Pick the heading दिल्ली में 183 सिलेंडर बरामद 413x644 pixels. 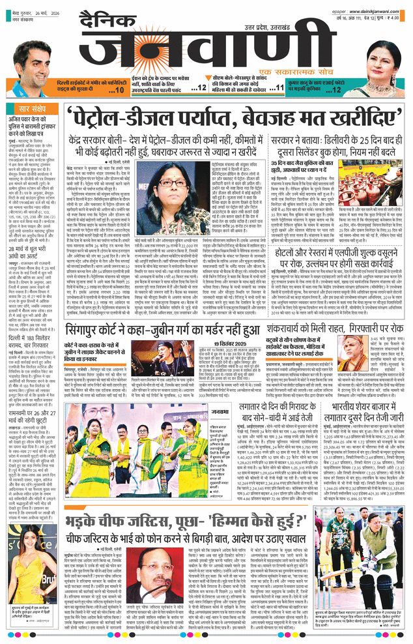[33, 318]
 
